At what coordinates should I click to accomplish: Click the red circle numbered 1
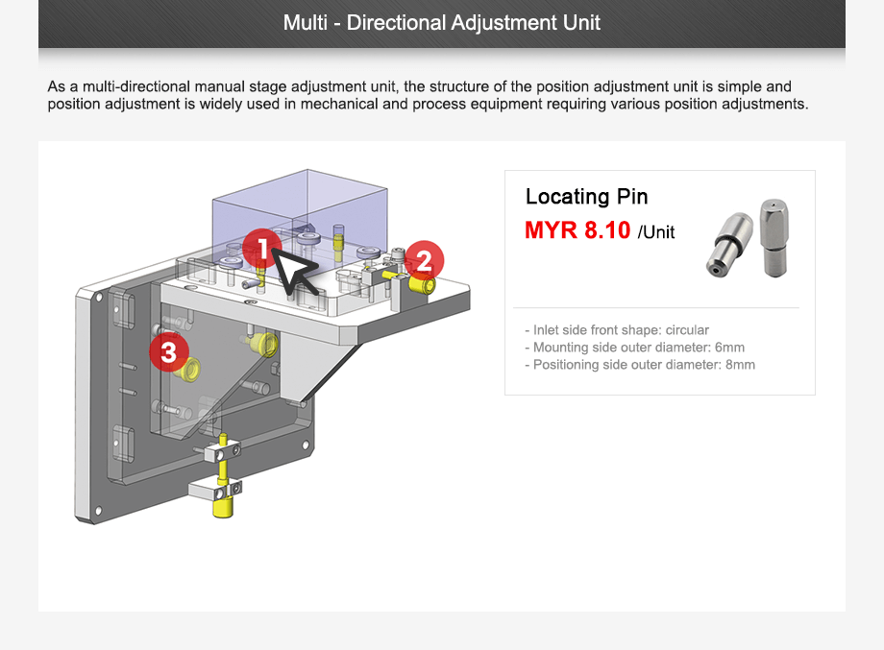261,249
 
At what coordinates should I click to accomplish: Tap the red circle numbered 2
424,260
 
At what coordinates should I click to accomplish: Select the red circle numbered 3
169,351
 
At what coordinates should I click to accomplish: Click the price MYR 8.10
577,230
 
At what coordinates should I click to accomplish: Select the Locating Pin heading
586,197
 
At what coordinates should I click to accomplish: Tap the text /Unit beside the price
655,232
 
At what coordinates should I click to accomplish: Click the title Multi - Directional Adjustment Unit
441,22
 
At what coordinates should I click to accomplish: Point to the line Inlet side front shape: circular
616,330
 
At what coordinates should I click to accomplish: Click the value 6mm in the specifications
729,348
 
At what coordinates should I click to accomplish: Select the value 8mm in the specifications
739,365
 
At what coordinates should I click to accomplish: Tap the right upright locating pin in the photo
774,237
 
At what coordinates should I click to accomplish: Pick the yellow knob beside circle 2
420,284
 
